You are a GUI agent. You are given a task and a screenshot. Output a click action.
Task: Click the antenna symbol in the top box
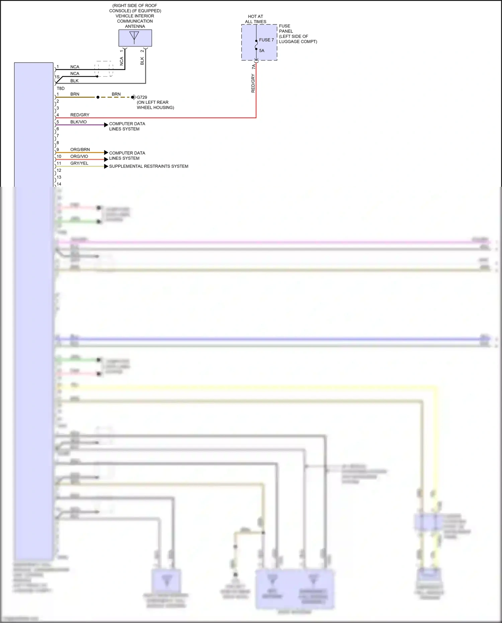pos(134,37)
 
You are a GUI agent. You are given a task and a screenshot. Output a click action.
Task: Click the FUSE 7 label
pos(266,40)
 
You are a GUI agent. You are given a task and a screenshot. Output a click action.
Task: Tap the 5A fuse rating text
pos(262,51)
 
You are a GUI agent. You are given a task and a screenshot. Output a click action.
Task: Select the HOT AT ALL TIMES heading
pos(256,19)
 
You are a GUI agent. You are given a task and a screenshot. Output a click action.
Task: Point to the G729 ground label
pos(142,97)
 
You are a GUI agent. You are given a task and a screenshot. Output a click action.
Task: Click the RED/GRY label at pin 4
pos(80,115)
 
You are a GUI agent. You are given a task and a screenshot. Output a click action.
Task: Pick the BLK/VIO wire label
pos(78,122)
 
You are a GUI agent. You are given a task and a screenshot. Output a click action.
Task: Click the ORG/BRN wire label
pos(80,150)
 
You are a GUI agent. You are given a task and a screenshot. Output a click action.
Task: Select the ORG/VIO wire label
pos(79,156)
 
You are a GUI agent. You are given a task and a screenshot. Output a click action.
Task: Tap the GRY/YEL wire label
pos(79,163)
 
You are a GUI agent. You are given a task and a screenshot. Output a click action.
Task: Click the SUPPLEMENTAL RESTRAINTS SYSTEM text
pos(149,166)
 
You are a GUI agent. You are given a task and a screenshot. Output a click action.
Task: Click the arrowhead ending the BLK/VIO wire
pos(106,125)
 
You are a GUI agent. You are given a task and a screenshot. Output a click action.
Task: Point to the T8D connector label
pos(61,88)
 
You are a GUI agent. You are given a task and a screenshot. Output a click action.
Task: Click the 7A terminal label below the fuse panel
pos(253,67)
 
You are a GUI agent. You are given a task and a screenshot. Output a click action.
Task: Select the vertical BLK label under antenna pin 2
pos(142,61)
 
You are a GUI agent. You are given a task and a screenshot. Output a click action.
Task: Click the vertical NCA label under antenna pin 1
pos(121,61)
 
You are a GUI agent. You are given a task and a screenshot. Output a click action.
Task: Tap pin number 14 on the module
pos(59,184)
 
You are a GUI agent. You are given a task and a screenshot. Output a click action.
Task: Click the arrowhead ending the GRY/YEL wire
pos(106,166)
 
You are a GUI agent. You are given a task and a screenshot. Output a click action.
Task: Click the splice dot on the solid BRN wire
pos(98,97)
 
